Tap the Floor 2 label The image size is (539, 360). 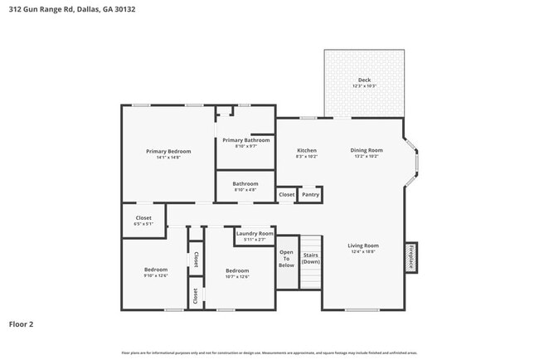pos(21,324)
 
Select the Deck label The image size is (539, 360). pos(364,80)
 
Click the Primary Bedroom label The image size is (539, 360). pos(168,151)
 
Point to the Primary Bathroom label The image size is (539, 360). pos(245,140)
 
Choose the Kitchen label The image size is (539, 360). pos(307,150)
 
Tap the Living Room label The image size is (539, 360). pos(362,246)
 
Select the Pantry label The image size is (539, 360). pos(310,194)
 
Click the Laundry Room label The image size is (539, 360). pos(255,234)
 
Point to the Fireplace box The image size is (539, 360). pos(410,257)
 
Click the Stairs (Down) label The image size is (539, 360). pos(311,258)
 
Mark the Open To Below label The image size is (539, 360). pos(286,258)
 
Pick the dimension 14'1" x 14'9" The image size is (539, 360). pos(168,158)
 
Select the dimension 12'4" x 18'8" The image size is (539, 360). pos(362,252)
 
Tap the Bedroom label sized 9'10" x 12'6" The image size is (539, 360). pos(156,270)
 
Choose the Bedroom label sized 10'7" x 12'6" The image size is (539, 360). pos(237,270)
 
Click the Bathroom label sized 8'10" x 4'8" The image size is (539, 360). pos(245,184)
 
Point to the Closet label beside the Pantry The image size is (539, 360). pos(286,194)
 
